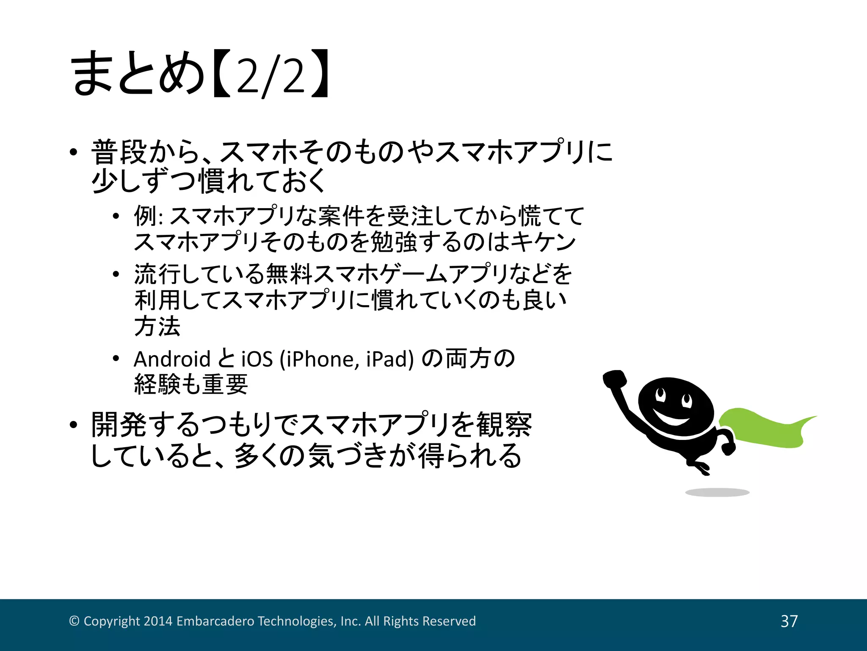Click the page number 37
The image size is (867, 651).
(x=789, y=621)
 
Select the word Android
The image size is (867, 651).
(x=172, y=359)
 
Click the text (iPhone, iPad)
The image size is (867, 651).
(x=346, y=359)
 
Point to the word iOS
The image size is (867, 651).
(x=257, y=359)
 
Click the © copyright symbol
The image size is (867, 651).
(x=74, y=621)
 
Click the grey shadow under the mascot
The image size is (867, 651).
(x=717, y=492)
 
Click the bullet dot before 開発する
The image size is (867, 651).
(x=74, y=425)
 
